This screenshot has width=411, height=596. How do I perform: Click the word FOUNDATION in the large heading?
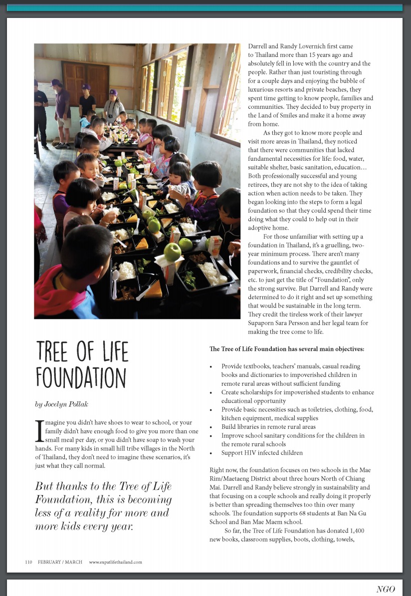tap(81, 377)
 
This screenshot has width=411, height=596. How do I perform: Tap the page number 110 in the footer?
tap(28, 562)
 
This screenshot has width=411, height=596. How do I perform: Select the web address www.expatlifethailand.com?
tap(115, 562)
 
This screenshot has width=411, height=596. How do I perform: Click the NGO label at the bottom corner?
tap(386, 589)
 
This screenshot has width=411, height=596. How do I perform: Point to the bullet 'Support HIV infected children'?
tap(262, 453)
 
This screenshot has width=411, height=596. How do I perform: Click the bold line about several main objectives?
tap(287, 348)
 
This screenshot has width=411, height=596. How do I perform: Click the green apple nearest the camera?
tap(172, 252)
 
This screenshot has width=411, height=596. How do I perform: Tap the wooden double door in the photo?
tap(86, 85)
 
